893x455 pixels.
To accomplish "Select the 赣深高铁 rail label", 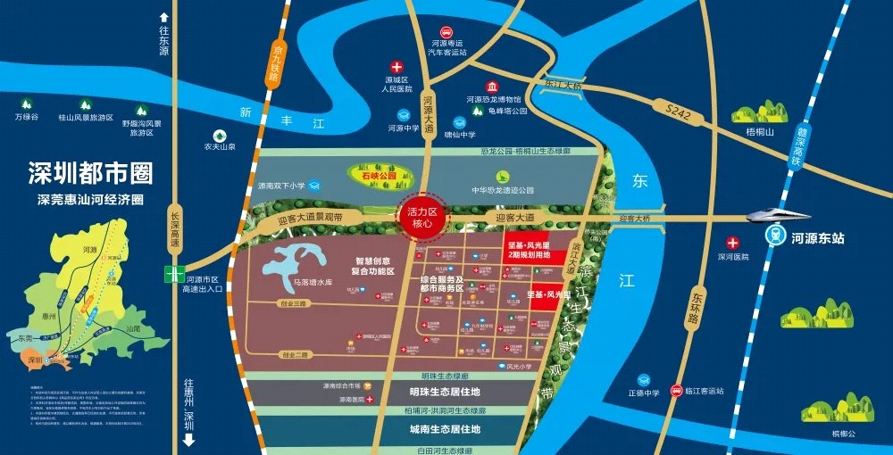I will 791,147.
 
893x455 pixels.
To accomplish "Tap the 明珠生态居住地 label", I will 432,393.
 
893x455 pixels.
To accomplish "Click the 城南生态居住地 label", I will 432,429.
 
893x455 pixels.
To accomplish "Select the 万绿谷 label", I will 27,117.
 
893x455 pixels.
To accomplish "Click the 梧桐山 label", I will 760,131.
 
